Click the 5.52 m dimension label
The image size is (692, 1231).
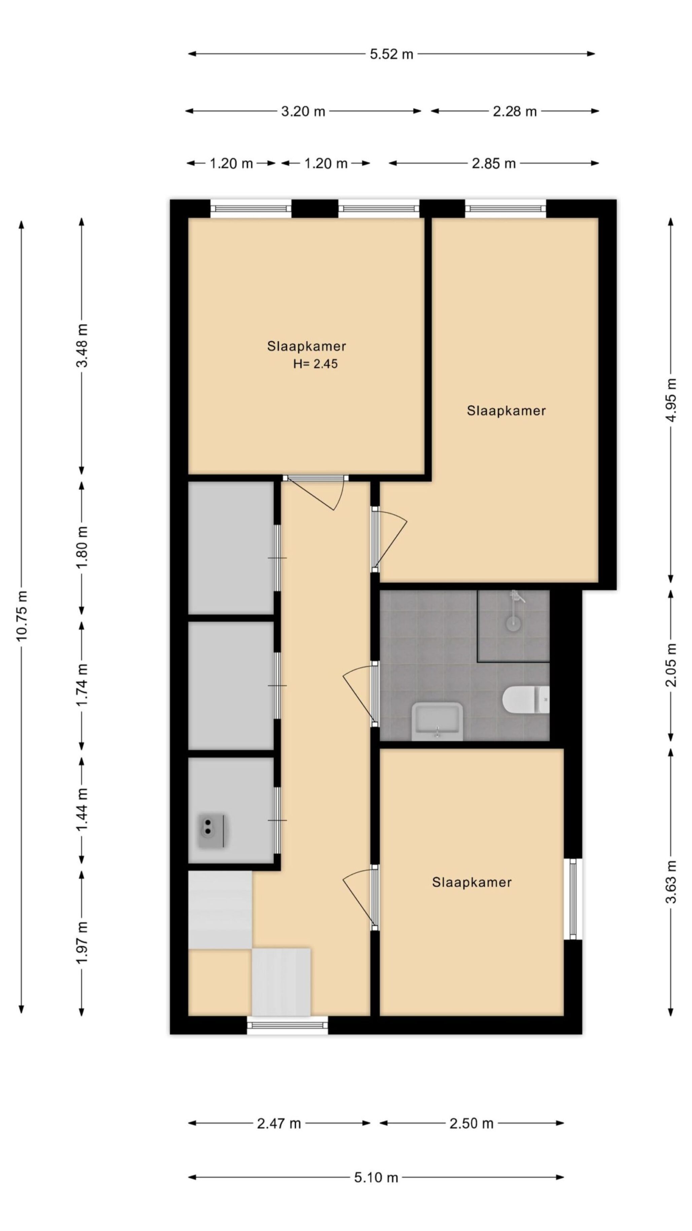point(391,54)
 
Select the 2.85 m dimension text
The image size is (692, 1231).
point(493,163)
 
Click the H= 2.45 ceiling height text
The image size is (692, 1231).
point(315,364)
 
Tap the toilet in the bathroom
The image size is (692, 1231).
point(525,700)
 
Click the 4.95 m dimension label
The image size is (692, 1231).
point(671,400)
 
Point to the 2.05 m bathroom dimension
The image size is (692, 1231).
point(671,665)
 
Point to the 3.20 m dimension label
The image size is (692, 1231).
point(303,111)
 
